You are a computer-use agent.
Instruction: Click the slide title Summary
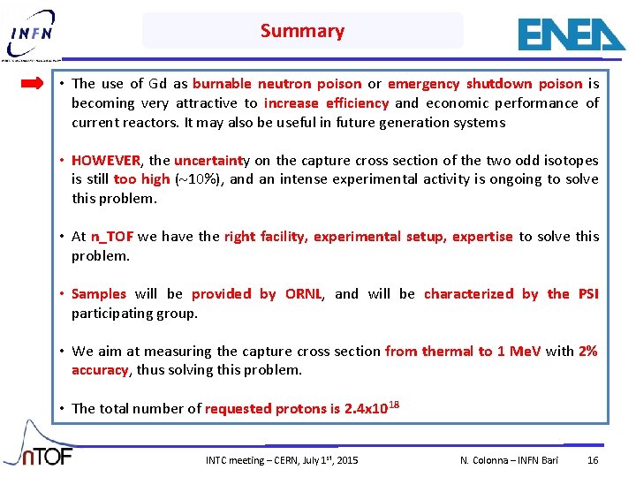click(302, 31)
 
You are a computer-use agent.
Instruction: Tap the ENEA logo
click(571, 34)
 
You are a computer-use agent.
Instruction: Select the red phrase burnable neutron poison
click(276, 84)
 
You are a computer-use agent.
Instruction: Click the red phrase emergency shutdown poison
click(485, 84)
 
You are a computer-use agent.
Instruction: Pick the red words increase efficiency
click(326, 103)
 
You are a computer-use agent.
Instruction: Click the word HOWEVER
click(106, 161)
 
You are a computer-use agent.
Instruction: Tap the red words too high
click(141, 179)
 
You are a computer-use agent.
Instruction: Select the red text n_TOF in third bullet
click(111, 237)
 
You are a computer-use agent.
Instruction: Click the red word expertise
click(481, 237)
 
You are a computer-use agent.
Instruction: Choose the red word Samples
click(99, 294)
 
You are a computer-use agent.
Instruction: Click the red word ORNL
click(303, 294)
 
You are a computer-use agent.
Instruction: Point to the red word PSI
click(587, 294)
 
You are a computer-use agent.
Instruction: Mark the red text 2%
click(587, 352)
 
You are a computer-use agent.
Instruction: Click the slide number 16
click(593, 461)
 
